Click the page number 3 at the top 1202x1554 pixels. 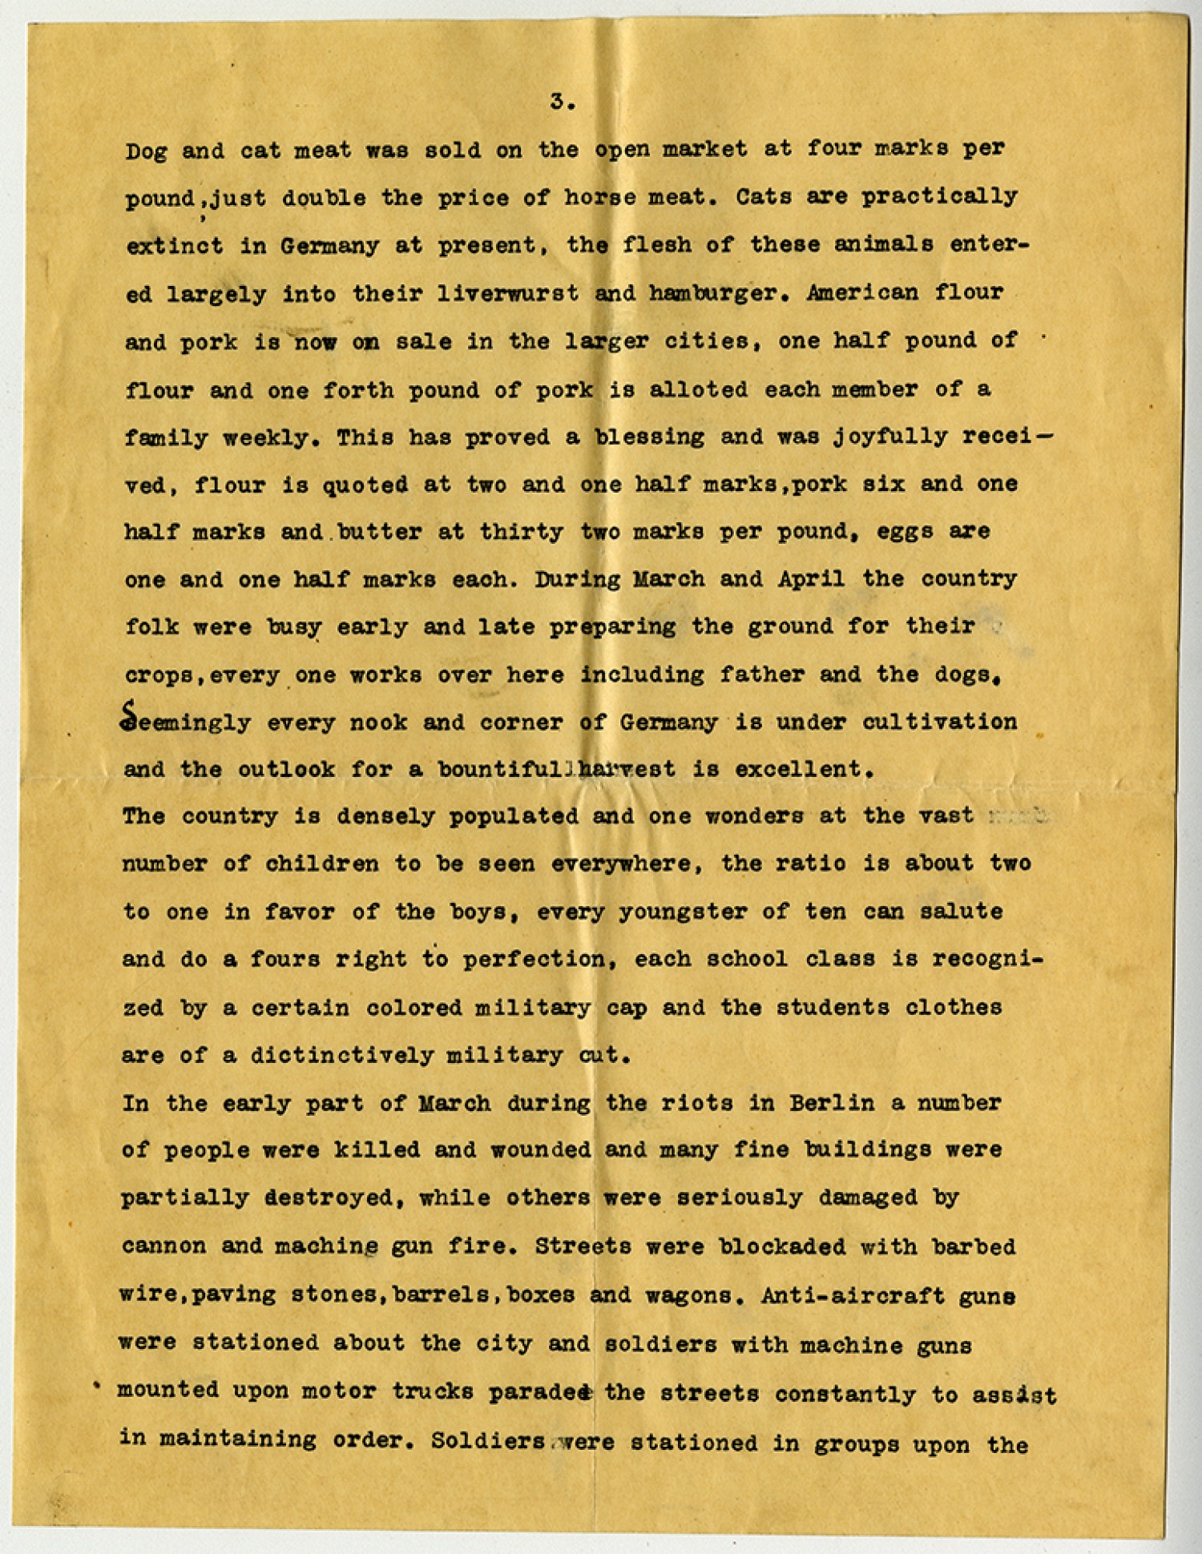[559, 102]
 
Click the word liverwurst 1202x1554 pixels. [508, 293]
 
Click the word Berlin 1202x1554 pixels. [832, 1103]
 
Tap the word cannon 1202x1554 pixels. [164, 1246]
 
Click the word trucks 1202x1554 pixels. [434, 1391]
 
